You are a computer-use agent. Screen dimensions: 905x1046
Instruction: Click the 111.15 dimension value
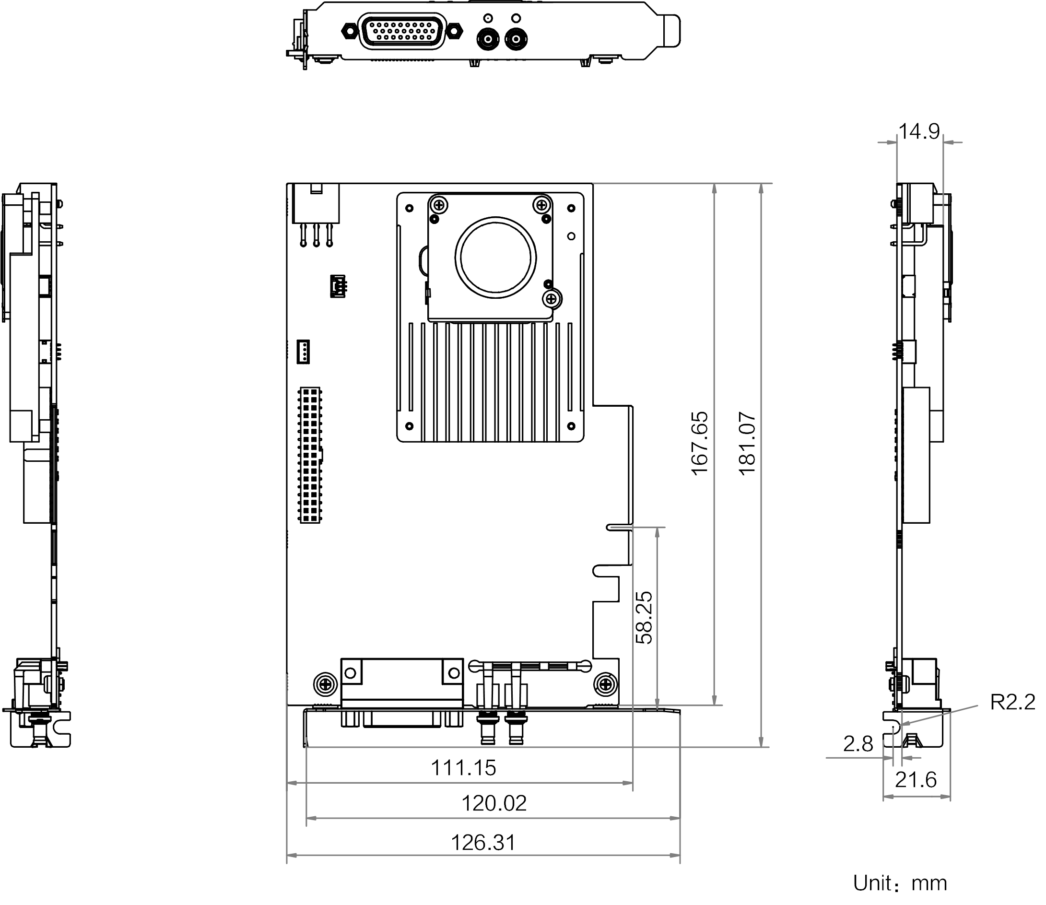click(463, 768)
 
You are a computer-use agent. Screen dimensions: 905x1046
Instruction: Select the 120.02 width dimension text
click(494, 803)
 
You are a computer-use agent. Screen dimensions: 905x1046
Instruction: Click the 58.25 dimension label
click(645, 617)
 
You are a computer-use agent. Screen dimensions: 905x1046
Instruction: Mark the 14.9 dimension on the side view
click(919, 132)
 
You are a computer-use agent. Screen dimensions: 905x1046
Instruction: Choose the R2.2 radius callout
click(1012, 703)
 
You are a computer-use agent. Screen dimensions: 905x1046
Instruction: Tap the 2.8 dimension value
click(858, 744)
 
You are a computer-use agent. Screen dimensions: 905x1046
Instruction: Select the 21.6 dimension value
click(916, 780)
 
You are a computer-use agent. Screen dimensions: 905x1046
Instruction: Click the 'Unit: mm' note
click(900, 883)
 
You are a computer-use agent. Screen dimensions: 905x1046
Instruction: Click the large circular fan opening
click(495, 257)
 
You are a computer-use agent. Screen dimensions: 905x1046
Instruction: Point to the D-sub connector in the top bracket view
click(401, 31)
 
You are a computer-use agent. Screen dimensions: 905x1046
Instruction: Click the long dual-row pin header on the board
click(310, 455)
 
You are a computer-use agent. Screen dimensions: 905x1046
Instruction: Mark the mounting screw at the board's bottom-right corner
click(605, 685)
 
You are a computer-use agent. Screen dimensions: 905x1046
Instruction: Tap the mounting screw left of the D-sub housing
click(326, 685)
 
